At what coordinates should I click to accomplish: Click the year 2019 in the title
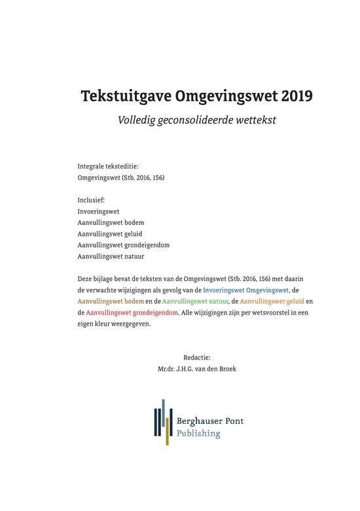point(296,96)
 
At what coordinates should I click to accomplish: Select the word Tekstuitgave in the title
point(126,97)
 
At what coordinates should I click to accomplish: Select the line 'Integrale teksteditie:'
point(108,166)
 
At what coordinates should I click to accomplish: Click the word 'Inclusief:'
point(91,200)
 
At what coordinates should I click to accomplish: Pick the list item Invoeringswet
point(98,212)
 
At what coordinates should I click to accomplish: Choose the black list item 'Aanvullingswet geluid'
point(110,234)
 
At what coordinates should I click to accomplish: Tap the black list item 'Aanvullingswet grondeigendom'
point(123,245)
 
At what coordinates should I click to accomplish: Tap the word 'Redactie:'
point(197,357)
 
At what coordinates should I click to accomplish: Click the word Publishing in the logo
point(199,433)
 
